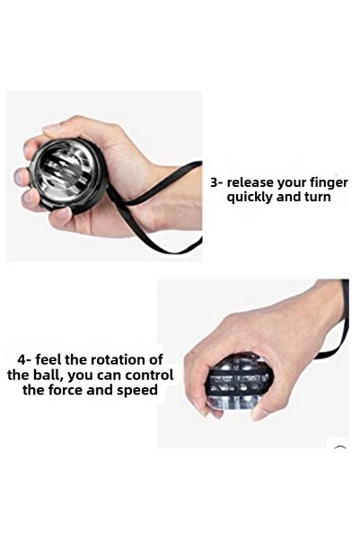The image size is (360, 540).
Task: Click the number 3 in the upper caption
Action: tap(215, 182)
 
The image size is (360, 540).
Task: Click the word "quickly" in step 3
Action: tap(254, 197)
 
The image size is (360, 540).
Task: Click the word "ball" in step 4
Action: tap(58, 375)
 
